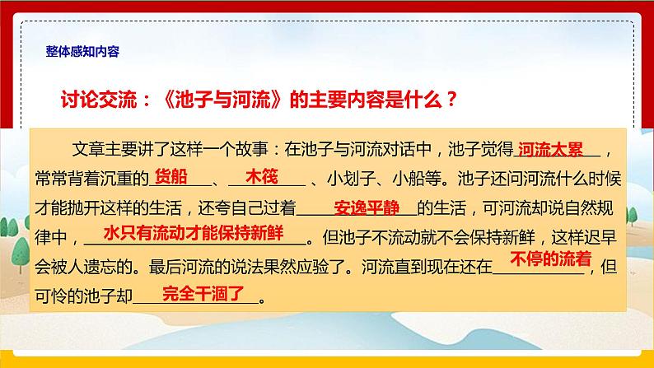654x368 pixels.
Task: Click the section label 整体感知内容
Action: tap(84, 51)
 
